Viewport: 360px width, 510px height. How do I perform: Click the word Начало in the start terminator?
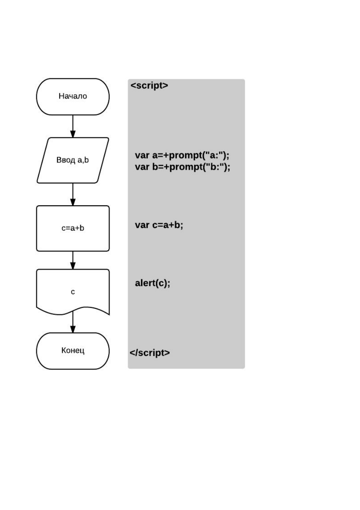tap(73, 96)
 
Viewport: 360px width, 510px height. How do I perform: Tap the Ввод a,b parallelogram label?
tap(72, 160)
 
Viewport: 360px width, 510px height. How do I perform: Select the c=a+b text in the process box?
tap(73, 228)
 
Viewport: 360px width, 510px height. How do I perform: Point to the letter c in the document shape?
tap(73, 292)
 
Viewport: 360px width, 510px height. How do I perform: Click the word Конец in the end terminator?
tap(73, 350)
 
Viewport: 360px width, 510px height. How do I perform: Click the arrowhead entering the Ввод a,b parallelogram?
tap(73, 134)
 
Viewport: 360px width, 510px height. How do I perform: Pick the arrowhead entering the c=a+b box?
tap(73, 202)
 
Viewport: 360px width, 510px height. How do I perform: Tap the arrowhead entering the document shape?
tap(73, 266)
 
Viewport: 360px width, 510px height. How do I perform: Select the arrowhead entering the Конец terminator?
tap(73, 329)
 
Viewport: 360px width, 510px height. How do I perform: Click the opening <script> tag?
tap(149, 86)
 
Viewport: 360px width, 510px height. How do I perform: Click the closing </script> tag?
tap(149, 353)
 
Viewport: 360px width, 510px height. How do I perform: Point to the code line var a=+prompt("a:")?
tap(182, 155)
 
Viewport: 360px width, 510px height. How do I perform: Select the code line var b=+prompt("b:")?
tap(182, 167)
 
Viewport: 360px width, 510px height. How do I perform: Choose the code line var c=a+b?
tap(159, 225)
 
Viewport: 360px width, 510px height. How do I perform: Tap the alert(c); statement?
tap(152, 283)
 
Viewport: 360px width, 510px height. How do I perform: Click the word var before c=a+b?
tap(142, 225)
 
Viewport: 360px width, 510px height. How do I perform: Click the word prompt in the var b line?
tap(186, 167)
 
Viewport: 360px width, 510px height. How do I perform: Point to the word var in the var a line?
tap(142, 156)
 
